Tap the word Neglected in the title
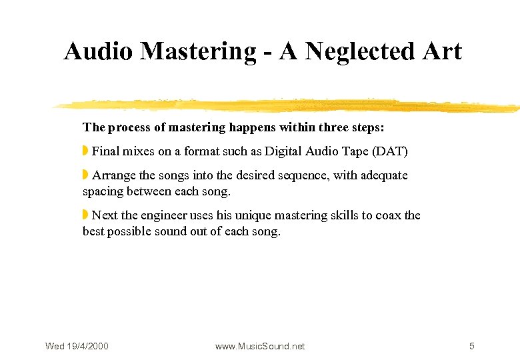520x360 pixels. pos(365,51)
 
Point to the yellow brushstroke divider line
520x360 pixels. pos(287,105)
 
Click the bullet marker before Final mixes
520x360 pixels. pos(85,151)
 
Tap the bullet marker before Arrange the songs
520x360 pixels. pos(85,175)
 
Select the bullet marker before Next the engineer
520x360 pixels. pos(85,215)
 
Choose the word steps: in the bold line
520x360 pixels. pos(367,127)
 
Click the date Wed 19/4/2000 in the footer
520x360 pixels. pos(77,346)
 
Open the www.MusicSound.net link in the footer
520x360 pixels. pos(260,346)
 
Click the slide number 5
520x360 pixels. pos(472,346)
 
